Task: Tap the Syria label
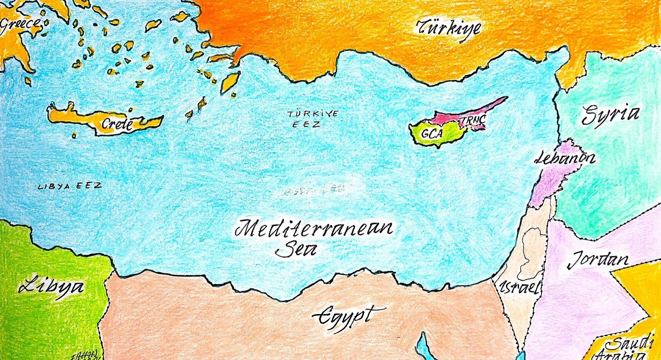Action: (x=610, y=115)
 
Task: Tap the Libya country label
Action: (x=51, y=287)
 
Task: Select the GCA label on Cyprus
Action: (x=433, y=133)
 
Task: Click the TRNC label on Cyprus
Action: (x=472, y=122)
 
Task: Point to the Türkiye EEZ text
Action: (x=312, y=119)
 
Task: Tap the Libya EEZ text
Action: (x=69, y=186)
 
